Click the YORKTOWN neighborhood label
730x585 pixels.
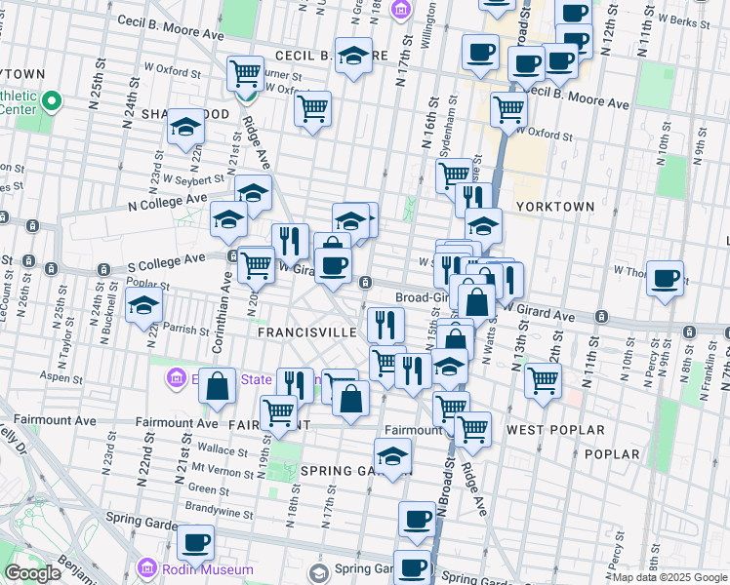pyautogui.click(x=555, y=207)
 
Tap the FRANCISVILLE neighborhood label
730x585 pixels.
pyautogui.click(x=306, y=331)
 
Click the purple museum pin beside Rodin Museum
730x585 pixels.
pyautogui.click(x=146, y=567)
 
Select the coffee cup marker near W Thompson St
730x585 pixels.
pyautogui.click(x=665, y=279)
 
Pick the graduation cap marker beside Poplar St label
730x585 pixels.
pyautogui.click(x=143, y=306)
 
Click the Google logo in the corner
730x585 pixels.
pyautogui.click(x=32, y=573)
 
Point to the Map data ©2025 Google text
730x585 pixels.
pyautogui.click(x=669, y=577)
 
